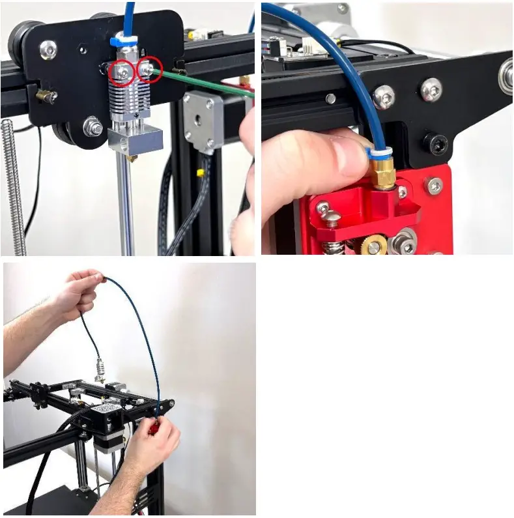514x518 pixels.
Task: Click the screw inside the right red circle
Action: coord(150,68)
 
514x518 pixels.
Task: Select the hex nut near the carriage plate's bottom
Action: coord(93,125)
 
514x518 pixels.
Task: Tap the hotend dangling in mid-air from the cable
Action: coord(100,370)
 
